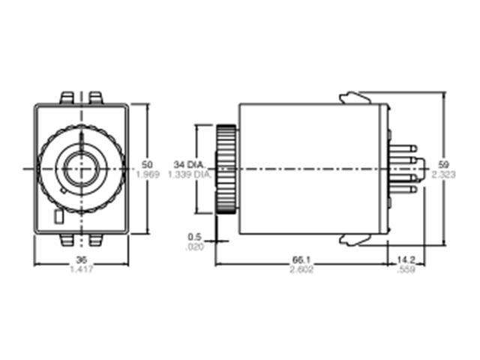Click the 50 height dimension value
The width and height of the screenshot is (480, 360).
(x=147, y=163)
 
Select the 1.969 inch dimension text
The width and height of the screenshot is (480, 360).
(x=147, y=175)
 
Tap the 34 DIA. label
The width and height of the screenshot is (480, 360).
(x=188, y=163)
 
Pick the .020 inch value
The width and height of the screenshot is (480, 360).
(x=193, y=246)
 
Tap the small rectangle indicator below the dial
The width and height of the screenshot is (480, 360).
(x=58, y=218)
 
